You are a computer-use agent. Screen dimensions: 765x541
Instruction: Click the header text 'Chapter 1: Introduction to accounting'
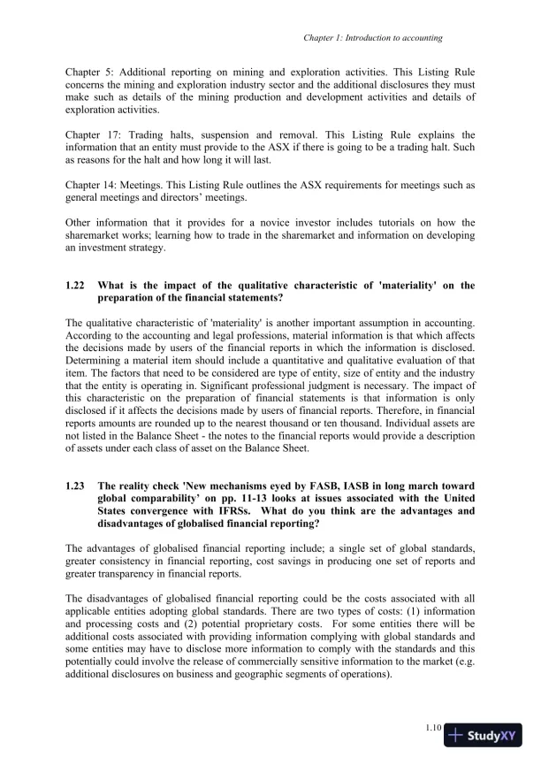click(372, 38)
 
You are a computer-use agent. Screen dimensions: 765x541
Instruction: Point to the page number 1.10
click(432, 728)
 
